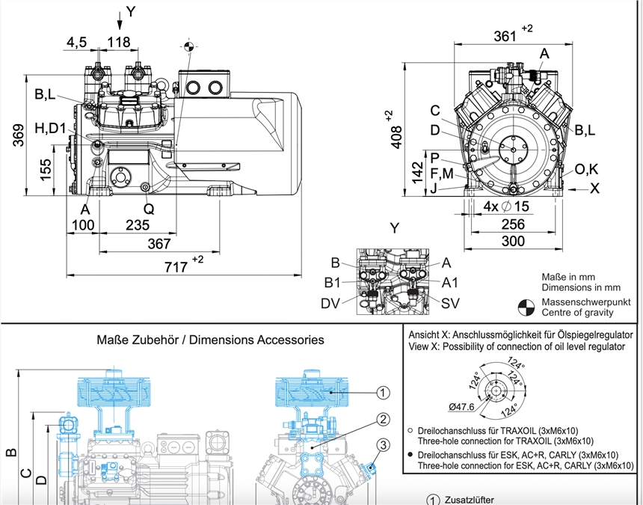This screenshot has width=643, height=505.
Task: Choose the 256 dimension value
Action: tap(513, 224)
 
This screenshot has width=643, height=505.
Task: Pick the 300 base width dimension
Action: tap(513, 241)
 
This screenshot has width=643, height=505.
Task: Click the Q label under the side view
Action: tap(149, 209)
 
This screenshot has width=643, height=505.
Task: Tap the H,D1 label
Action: tap(51, 129)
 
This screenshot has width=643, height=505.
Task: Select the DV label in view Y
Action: tap(332, 303)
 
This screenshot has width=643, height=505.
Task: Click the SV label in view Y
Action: tap(450, 303)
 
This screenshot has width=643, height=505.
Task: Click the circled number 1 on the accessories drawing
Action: tap(382, 391)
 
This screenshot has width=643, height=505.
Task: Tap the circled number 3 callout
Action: tap(382, 446)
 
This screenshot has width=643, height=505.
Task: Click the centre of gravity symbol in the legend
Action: tap(526, 307)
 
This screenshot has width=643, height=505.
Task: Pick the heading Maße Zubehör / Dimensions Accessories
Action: tap(211, 340)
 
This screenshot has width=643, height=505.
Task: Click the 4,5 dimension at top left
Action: tap(77, 42)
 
